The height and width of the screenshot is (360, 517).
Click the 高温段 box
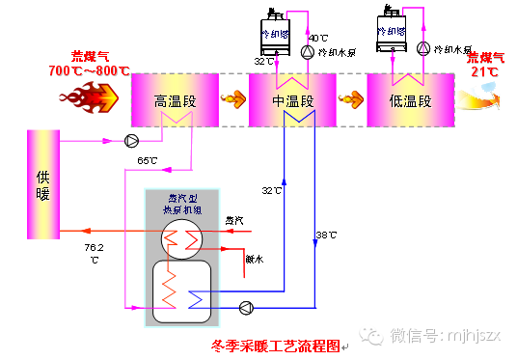(175, 100)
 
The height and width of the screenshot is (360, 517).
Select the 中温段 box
(292, 100)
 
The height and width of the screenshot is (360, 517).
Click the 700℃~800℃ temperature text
(89, 71)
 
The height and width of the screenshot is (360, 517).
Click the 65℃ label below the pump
(148, 160)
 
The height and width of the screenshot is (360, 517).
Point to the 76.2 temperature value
(95, 248)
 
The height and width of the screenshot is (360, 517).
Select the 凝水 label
(254, 258)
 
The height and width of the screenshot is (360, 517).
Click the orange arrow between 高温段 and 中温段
(232, 97)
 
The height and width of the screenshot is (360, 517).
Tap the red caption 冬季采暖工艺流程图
(276, 344)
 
